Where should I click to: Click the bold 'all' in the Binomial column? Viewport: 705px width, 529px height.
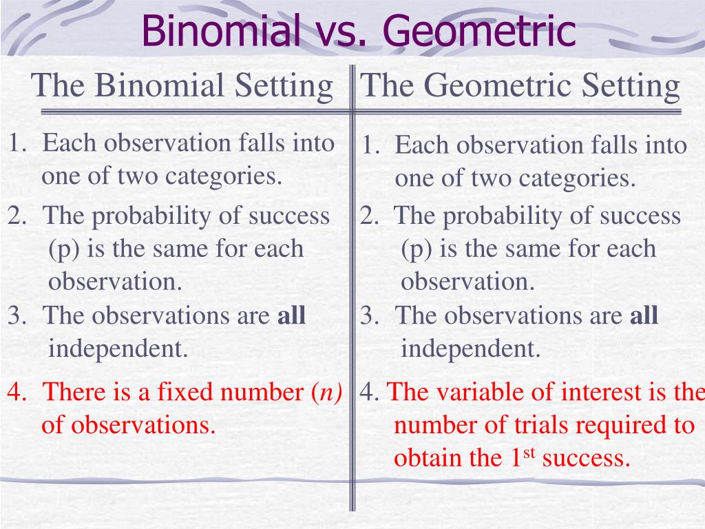tap(291, 316)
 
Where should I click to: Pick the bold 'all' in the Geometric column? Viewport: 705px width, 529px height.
tap(644, 316)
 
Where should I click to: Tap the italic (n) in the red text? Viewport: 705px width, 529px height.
tap(327, 393)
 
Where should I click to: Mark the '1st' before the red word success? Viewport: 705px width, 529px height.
tap(521, 457)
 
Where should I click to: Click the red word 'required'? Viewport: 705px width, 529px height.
tap(623, 425)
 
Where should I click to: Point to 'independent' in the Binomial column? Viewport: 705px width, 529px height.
tap(118, 349)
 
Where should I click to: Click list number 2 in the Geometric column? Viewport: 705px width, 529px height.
tap(368, 216)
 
